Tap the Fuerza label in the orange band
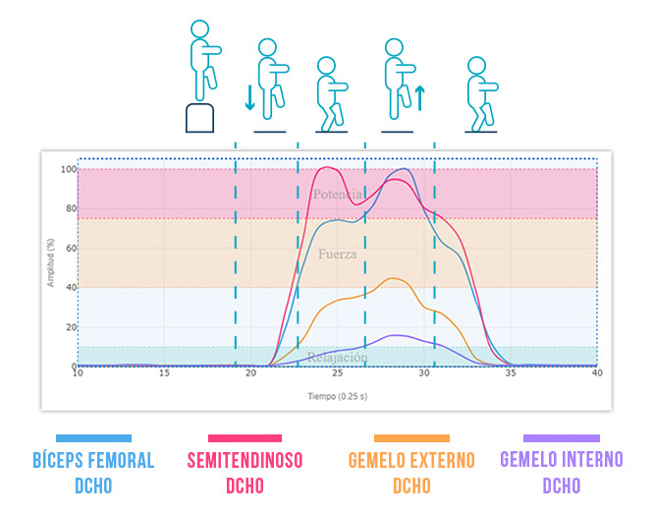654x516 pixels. pyautogui.click(x=337, y=254)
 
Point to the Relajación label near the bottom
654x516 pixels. pyautogui.click(x=337, y=358)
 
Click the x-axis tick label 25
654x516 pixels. pyautogui.click(x=338, y=373)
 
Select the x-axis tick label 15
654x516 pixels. pyautogui.click(x=164, y=373)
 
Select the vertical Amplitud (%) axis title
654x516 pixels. pyautogui.click(x=51, y=267)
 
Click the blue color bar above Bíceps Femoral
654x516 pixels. pyautogui.click(x=94, y=438)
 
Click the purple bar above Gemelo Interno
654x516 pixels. pyautogui.click(x=561, y=438)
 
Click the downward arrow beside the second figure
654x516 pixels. pyautogui.click(x=249, y=96)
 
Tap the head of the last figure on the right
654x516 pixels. pyautogui.click(x=477, y=66)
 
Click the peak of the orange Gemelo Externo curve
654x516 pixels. pyautogui.click(x=394, y=278)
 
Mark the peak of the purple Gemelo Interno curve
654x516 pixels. pyautogui.click(x=394, y=335)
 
